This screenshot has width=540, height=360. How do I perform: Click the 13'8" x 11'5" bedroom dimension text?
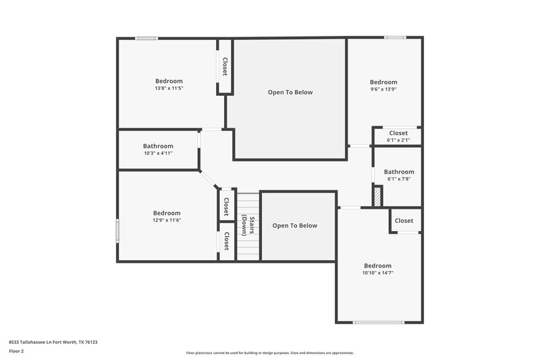tap(169, 88)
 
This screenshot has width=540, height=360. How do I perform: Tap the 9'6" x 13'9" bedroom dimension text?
tap(383, 89)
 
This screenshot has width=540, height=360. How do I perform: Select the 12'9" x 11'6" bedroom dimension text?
tap(167, 220)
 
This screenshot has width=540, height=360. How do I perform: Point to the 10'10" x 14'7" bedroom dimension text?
tap(377, 273)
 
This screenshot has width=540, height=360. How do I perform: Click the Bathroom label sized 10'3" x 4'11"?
tap(158, 153)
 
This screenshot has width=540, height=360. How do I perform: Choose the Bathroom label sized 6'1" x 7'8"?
tap(399, 179)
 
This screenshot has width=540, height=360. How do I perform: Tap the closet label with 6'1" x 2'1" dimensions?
tap(398, 140)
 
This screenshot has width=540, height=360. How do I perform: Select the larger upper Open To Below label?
tap(290, 93)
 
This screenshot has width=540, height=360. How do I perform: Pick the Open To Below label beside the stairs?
tap(295, 226)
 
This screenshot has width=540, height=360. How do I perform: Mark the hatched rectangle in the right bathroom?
tap(378, 196)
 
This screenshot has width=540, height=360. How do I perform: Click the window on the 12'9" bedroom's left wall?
tap(117, 230)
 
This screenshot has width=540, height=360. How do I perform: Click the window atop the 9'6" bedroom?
tap(394, 37)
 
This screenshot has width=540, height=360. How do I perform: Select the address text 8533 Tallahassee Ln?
tap(53, 342)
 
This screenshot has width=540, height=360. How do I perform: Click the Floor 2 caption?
tap(17, 351)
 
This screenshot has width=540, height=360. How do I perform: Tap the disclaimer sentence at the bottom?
tap(270, 353)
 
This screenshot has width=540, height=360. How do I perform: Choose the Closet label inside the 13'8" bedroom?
tap(225, 66)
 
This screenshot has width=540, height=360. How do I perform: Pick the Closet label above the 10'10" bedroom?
tap(404, 221)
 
